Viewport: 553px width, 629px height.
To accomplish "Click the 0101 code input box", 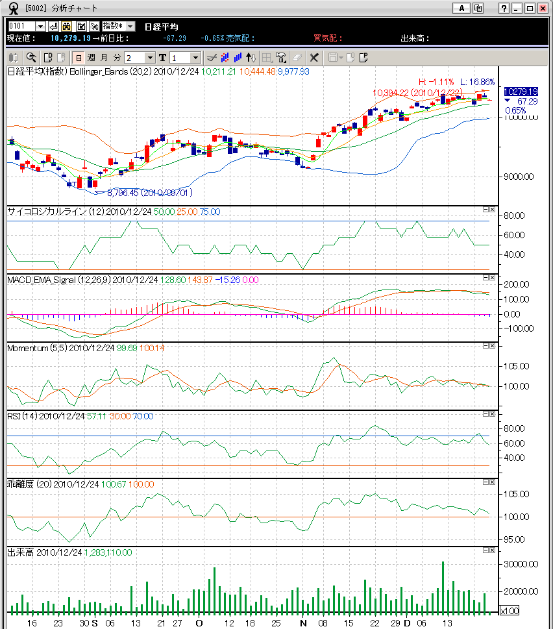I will click(x=21, y=26).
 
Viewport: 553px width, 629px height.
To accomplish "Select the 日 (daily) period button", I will click(x=78, y=57).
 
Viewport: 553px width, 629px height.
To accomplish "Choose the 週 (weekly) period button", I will click(x=91, y=57).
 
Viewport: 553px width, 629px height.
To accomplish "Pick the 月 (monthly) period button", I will click(x=104, y=57).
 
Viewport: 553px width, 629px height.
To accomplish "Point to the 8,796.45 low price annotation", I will click(x=149, y=193).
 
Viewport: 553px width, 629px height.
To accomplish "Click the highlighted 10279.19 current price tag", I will click(x=521, y=92).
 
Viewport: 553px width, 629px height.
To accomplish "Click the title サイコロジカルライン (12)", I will click(x=55, y=212).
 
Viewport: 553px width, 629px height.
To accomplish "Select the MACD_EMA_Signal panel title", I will click(x=58, y=280).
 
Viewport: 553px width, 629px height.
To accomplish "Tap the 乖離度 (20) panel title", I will click(x=29, y=484).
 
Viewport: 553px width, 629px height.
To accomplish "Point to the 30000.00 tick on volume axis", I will click(x=520, y=564).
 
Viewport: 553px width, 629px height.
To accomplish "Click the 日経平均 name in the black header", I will click(x=161, y=26).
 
